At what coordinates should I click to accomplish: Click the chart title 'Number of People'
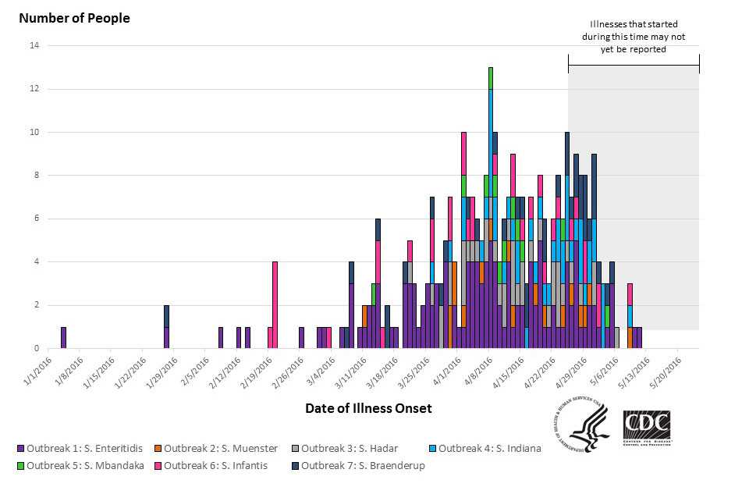click(x=74, y=18)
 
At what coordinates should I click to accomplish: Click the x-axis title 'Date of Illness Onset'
click(x=368, y=408)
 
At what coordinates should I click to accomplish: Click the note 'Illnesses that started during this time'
click(x=633, y=37)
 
